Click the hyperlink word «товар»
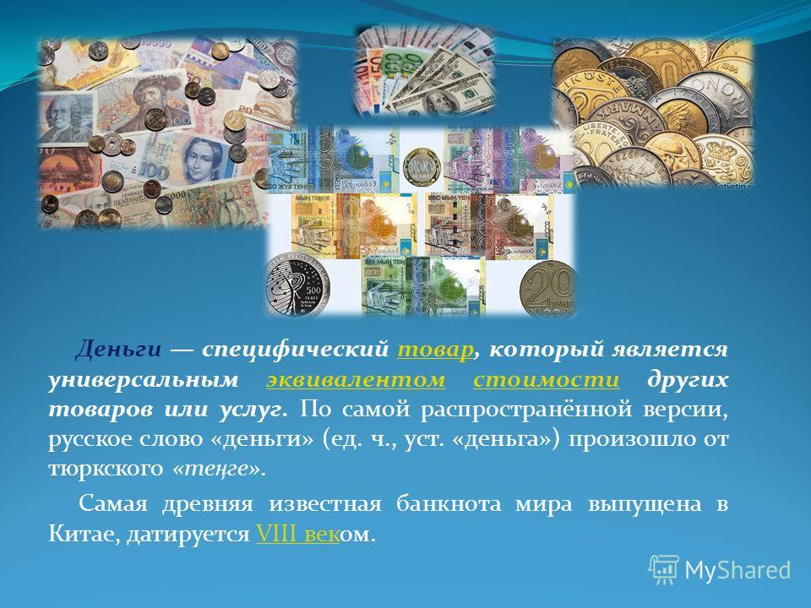coord(436,350)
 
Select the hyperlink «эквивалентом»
coord(356,380)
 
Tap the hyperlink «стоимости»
coord(547,380)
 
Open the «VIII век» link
coord(298,534)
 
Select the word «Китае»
coord(82,534)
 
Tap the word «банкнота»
coord(449,503)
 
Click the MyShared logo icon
coord(664,570)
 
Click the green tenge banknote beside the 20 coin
coord(423,286)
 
